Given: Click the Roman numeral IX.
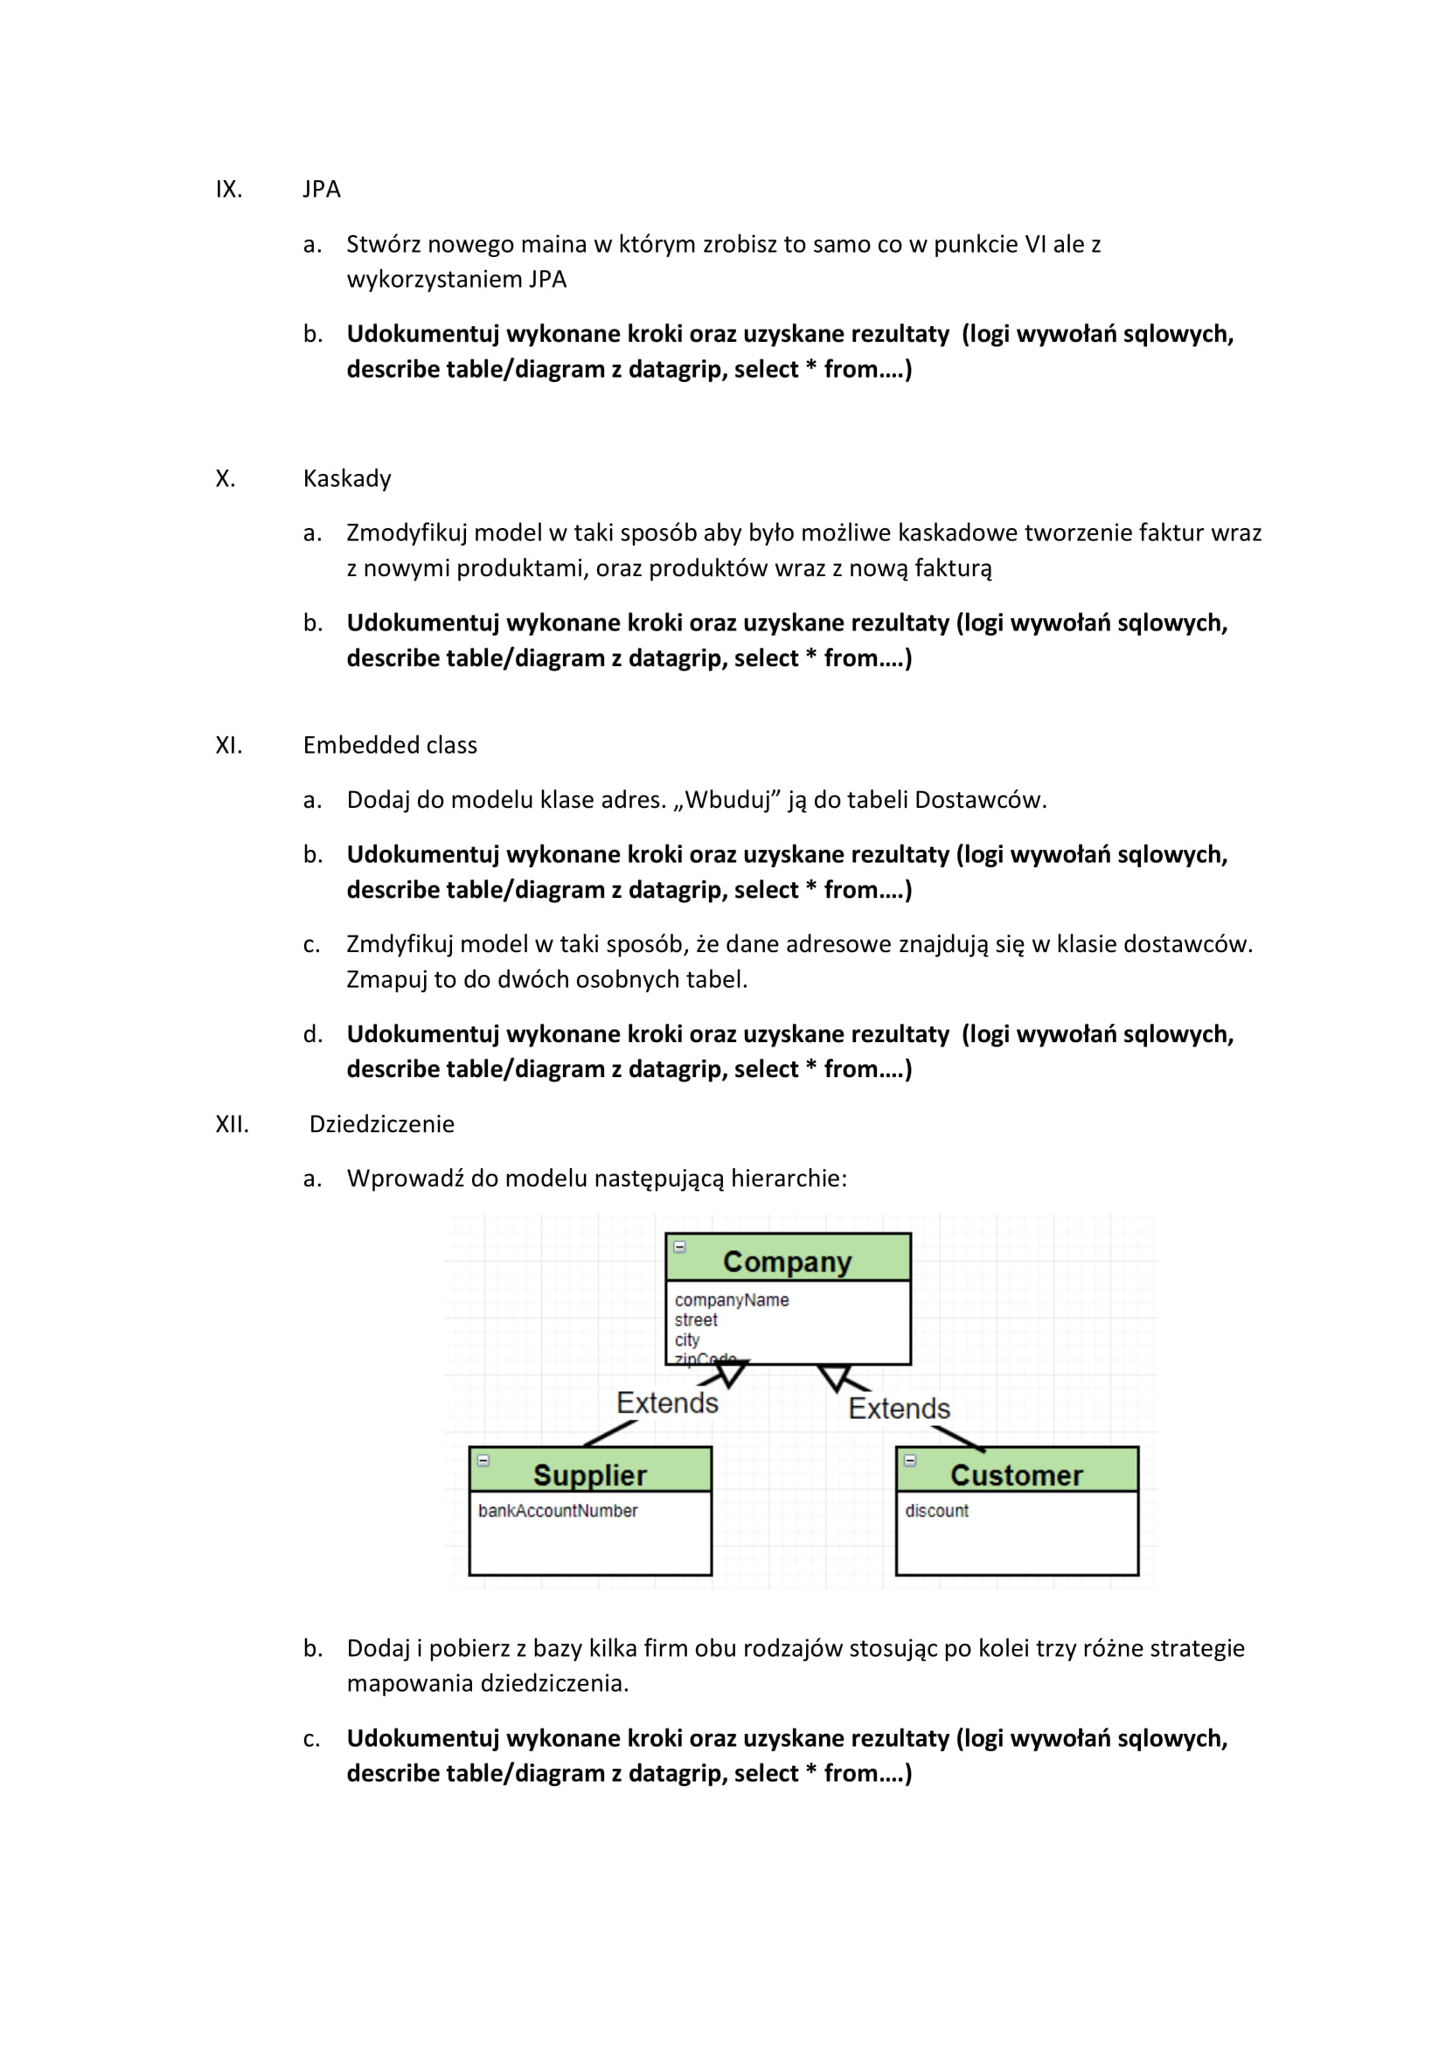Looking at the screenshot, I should coord(228,189).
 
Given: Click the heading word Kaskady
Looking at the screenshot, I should coord(346,478).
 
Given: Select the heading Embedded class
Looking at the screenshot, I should coord(389,745).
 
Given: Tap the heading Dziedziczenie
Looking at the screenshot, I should coord(381,1124).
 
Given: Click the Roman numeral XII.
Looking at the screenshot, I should coord(232,1124).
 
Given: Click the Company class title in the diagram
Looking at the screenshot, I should coord(787,1262).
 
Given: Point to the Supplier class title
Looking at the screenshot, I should coord(589,1475).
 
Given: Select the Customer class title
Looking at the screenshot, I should coord(1016,1475).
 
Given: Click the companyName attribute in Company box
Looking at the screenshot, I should coord(731,1300).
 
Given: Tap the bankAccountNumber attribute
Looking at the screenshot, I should coord(558,1511).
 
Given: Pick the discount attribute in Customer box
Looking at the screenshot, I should coord(936,1511).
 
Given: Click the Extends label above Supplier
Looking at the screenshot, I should coord(667,1402).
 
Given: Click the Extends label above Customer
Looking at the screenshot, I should coord(899,1409).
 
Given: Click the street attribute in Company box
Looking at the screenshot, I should coord(695,1320).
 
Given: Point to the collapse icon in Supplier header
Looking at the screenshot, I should coord(483,1461).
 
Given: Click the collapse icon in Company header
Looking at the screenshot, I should coord(679,1247).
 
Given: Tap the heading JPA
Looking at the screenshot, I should coord(322,189).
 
